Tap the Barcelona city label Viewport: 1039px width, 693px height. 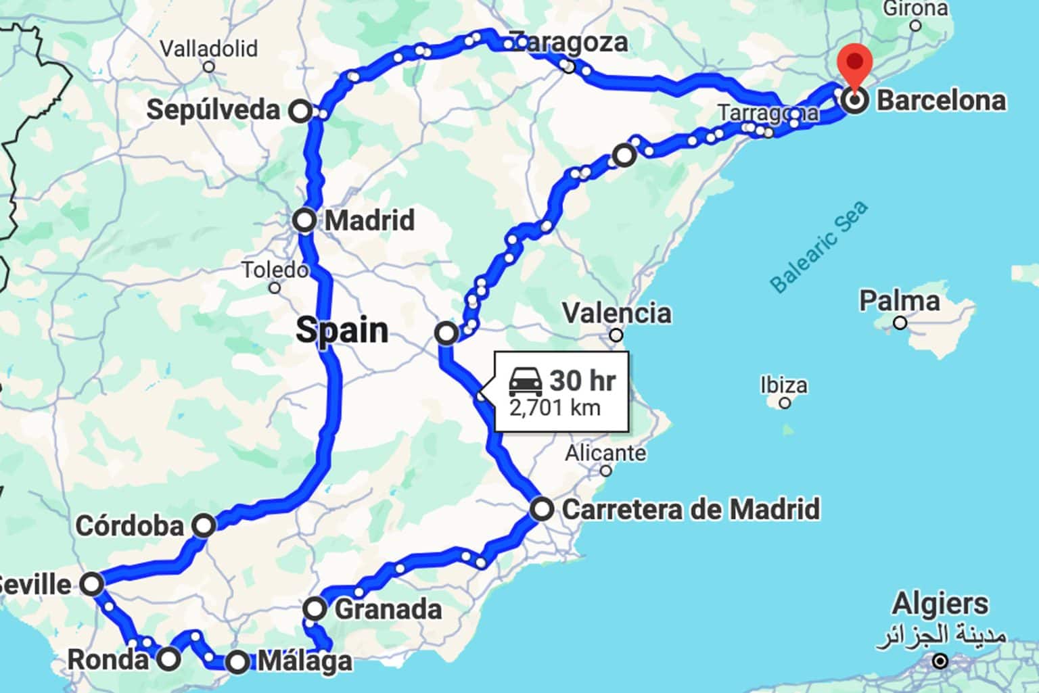click(941, 101)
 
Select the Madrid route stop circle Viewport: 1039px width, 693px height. click(304, 220)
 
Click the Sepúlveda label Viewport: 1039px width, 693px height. click(213, 110)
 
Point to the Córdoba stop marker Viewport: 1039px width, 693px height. click(204, 525)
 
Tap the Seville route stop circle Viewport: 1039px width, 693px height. click(92, 583)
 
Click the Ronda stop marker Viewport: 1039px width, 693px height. click(169, 658)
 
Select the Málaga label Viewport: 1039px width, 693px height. click(304, 661)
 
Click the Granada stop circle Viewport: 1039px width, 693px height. click(315, 608)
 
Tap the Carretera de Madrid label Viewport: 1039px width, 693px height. click(691, 509)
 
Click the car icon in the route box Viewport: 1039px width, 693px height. click(526, 381)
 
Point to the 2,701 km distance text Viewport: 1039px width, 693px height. click(555, 408)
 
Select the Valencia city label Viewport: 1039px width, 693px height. click(617, 313)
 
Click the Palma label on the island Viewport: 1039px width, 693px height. click(899, 301)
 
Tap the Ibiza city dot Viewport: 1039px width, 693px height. click(785, 403)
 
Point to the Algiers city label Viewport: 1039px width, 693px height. click(940, 603)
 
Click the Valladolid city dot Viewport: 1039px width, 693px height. click(209, 67)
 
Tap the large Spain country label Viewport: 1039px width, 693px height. click(342, 331)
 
